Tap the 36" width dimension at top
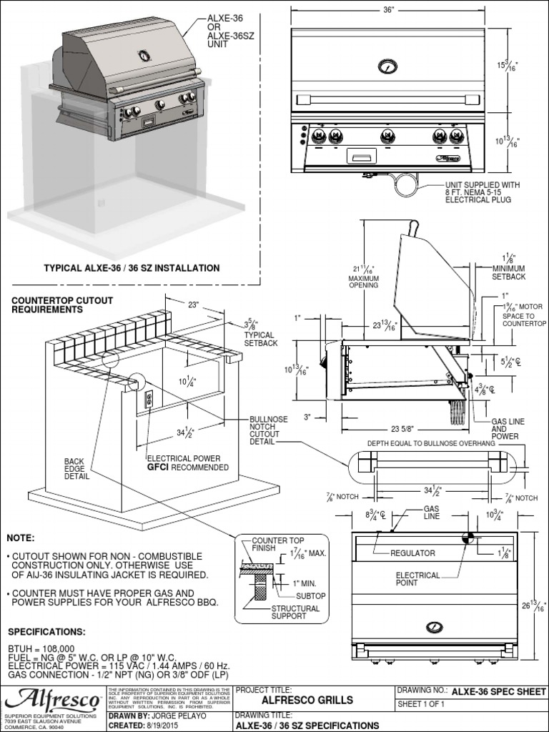click(388, 11)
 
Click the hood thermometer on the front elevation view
click(387, 66)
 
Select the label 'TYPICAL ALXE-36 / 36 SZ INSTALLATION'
click(132, 268)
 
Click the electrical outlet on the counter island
click(149, 398)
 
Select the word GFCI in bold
click(160, 468)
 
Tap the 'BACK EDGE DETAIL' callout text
click(76, 469)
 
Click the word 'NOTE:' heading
click(21, 538)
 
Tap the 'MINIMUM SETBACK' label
click(510, 272)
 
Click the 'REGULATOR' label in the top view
click(412, 553)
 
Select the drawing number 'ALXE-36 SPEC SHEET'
click(498, 692)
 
